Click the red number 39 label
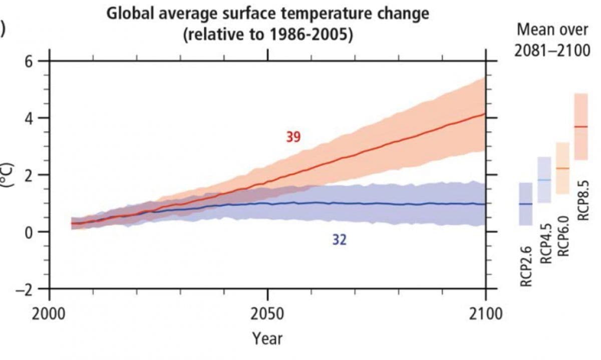click(x=293, y=137)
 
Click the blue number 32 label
click(x=339, y=240)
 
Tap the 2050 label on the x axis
click(x=268, y=315)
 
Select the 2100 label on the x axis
click(x=486, y=315)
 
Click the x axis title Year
click(x=267, y=338)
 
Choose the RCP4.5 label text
click(x=545, y=243)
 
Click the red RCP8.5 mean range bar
click(x=581, y=127)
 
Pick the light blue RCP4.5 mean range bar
click(x=544, y=180)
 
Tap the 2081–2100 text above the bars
click(x=552, y=50)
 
